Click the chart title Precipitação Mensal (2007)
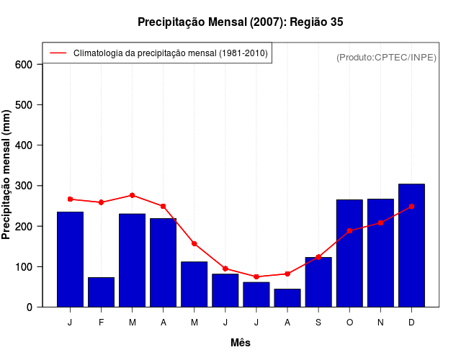[240, 22]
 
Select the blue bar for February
[101, 292]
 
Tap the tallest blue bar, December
[411, 246]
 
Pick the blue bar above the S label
[318, 282]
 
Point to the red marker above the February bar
[101, 202]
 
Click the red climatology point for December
[411, 207]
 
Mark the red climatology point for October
[349, 231]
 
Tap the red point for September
[318, 257]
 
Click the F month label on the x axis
[101, 323]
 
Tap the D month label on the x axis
[411, 323]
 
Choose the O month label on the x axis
[349, 323]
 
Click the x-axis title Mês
[241, 343]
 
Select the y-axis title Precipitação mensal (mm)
[7, 175]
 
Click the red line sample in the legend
[58, 53]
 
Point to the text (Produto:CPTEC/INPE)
[386, 57]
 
